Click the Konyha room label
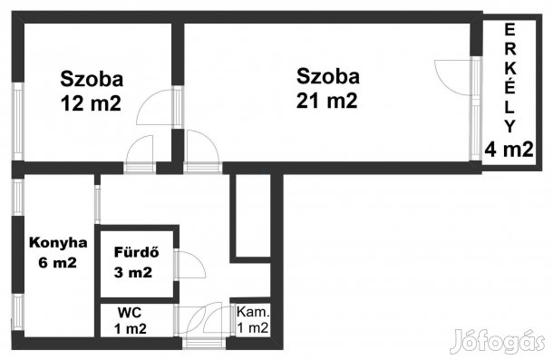[x=58, y=242]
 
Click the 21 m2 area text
[x=327, y=101]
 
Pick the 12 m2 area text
[x=91, y=102]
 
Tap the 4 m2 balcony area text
[x=508, y=150]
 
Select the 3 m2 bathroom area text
[x=133, y=272]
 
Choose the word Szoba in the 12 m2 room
[x=92, y=78]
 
